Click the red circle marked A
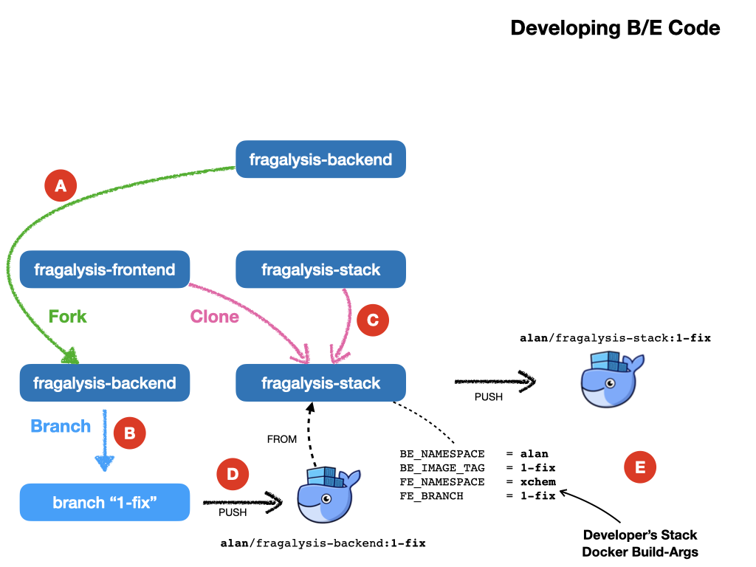coord(61,185)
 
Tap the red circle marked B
coord(130,433)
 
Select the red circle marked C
coord(373,320)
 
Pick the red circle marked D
coord(233,474)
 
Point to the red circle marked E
coord(640,467)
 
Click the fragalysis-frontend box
coord(105,269)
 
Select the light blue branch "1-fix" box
coord(105,502)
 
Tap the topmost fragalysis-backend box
coord(320,159)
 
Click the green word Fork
coord(67,316)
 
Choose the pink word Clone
coord(215,316)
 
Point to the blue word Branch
coord(61,426)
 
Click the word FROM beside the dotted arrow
coord(282,439)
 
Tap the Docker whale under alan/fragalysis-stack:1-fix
coord(612,379)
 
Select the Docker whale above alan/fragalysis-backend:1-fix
coord(329,495)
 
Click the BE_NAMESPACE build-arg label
coord(442,454)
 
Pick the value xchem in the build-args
coord(538,481)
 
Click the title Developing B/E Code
coord(615,28)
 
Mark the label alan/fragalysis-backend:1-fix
coord(323,543)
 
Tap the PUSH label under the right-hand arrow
coord(489,396)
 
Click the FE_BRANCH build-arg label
coord(431,495)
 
